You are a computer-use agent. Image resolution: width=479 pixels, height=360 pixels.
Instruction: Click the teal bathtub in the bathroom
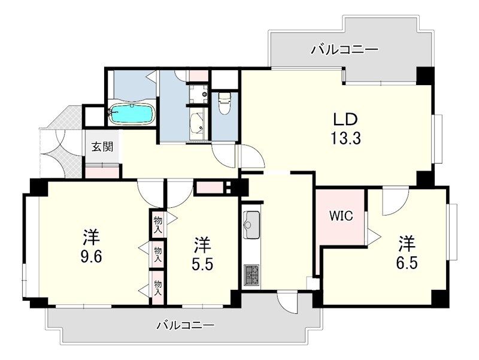click(131, 113)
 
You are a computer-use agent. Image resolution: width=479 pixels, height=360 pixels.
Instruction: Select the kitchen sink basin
click(250, 223)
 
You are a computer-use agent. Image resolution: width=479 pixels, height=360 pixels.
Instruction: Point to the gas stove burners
click(250, 276)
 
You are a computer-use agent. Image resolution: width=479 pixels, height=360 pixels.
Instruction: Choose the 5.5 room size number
click(202, 264)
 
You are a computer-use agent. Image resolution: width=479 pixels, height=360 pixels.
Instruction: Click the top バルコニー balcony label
click(344, 50)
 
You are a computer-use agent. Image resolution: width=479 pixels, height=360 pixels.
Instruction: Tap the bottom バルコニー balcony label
click(185, 326)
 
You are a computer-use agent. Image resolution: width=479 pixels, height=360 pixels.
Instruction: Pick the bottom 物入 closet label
click(158, 289)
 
